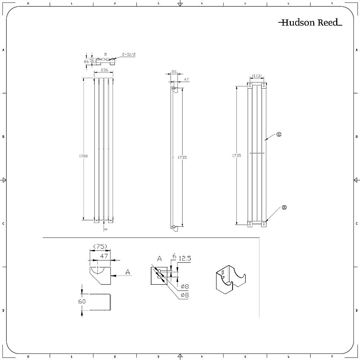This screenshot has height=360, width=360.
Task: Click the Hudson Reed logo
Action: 310,23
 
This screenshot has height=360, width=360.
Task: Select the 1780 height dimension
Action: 84,156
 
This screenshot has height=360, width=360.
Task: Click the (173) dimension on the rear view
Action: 257,76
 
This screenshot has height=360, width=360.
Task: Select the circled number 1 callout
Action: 279,134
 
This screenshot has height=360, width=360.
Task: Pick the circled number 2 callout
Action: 284,207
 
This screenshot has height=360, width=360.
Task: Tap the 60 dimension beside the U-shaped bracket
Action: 82,301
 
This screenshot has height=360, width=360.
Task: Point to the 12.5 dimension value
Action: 185,258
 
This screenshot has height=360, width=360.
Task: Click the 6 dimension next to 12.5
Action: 174,256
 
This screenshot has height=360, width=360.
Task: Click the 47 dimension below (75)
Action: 104,256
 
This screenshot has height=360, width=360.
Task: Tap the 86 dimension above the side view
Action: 174,72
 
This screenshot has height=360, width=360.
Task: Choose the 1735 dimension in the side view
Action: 183,157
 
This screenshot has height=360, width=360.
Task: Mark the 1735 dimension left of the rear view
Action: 237,156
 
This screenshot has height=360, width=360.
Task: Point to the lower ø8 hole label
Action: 184,295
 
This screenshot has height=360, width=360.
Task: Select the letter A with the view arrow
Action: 127,273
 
